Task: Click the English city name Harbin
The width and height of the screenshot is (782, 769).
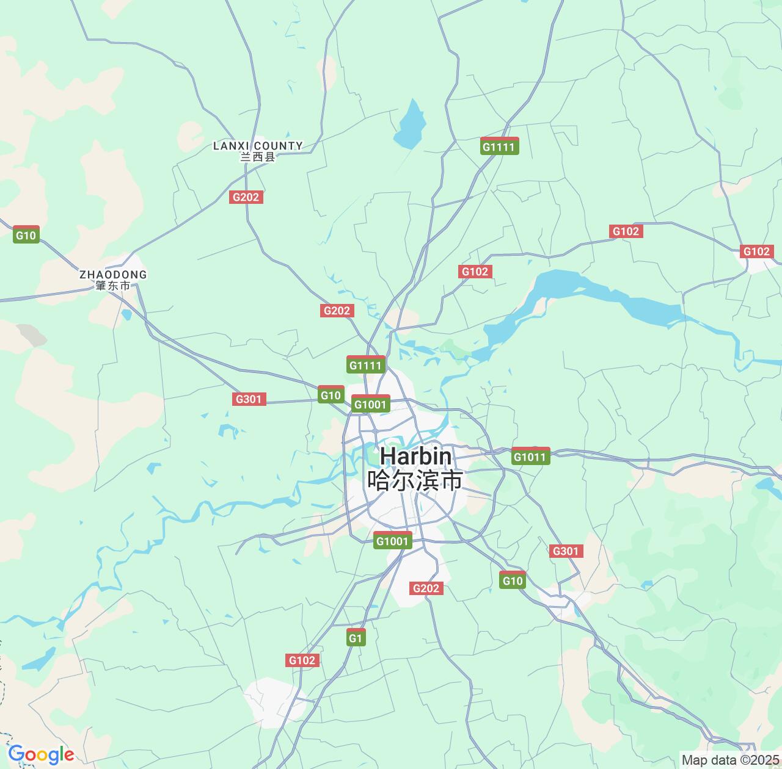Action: tap(416, 457)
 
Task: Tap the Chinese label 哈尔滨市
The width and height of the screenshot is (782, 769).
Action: tap(415, 480)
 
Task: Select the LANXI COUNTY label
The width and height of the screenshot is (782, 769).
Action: tap(258, 145)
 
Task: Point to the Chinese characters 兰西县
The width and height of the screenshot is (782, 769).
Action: tap(258, 157)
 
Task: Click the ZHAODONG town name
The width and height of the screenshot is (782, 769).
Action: tap(113, 275)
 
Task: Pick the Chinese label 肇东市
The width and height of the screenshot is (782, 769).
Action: tap(113, 286)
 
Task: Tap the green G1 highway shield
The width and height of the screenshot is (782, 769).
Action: tap(356, 638)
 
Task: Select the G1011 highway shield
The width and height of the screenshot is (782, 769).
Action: tap(530, 457)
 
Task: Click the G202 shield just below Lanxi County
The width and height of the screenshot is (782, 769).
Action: tap(247, 197)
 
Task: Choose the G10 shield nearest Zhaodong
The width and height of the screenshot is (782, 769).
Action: tap(26, 235)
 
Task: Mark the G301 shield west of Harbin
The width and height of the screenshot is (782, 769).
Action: tap(249, 399)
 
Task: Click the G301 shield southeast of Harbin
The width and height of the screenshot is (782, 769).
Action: tap(566, 551)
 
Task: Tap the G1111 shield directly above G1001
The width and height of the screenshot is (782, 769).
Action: tap(366, 365)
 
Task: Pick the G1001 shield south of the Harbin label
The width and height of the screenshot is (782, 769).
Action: tap(392, 541)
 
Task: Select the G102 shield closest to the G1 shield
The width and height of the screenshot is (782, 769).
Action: tap(302, 660)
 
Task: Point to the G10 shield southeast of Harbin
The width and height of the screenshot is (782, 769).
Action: tap(512, 580)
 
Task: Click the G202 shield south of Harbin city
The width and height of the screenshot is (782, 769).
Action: tap(426, 588)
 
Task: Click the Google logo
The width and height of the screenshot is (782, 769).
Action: tap(40, 755)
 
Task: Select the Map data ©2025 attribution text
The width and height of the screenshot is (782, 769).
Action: tap(729, 760)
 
